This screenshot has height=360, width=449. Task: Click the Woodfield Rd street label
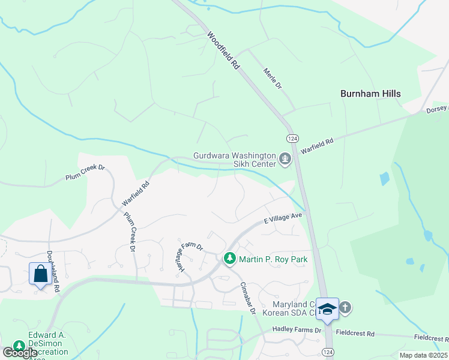point(223,51)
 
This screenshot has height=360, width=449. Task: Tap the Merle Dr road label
point(272,79)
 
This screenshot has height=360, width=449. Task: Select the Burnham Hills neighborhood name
point(370,94)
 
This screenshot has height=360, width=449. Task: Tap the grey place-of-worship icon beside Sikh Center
point(285,160)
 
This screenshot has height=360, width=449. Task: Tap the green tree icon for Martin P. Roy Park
point(229,259)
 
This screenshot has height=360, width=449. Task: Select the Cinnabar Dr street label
point(248,297)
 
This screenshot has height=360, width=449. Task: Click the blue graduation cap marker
point(327,308)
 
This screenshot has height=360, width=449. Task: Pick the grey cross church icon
point(345,308)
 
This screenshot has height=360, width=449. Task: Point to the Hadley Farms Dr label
point(297,329)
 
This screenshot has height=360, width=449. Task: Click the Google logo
point(20,353)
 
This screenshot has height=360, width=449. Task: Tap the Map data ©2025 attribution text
point(423,355)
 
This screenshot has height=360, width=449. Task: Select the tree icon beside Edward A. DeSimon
point(19,346)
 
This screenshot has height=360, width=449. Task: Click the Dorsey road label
point(437,109)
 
